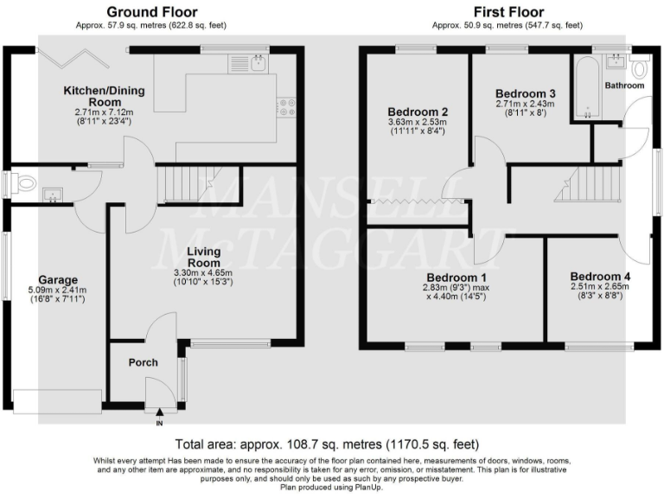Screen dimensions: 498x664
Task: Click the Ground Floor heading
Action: (x=151, y=12)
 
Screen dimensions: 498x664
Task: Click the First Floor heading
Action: (x=508, y=12)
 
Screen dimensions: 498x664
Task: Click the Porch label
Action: (x=143, y=362)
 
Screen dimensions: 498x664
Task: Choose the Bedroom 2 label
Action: (x=418, y=112)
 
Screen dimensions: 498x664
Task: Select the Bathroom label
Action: (x=624, y=86)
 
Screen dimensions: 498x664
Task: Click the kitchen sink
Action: (x=257, y=61)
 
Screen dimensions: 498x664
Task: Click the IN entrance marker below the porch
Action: (x=159, y=424)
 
